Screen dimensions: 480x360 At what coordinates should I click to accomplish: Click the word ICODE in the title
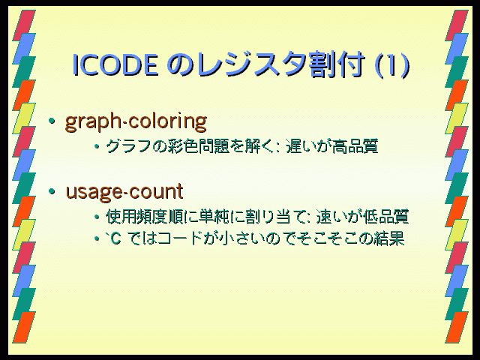point(115,64)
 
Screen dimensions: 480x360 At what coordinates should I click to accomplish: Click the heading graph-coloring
point(136,122)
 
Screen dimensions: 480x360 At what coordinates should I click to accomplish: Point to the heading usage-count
point(124,192)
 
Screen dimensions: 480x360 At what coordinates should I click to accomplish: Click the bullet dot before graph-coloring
point(52,121)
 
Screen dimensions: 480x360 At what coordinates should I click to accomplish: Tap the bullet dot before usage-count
point(52,192)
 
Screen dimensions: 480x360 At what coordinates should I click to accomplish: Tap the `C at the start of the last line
point(112,238)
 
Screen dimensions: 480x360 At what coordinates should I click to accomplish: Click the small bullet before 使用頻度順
point(97,217)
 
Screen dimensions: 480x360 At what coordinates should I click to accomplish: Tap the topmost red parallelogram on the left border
point(24,25)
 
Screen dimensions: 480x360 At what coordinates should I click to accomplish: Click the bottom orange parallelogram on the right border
point(457,328)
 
